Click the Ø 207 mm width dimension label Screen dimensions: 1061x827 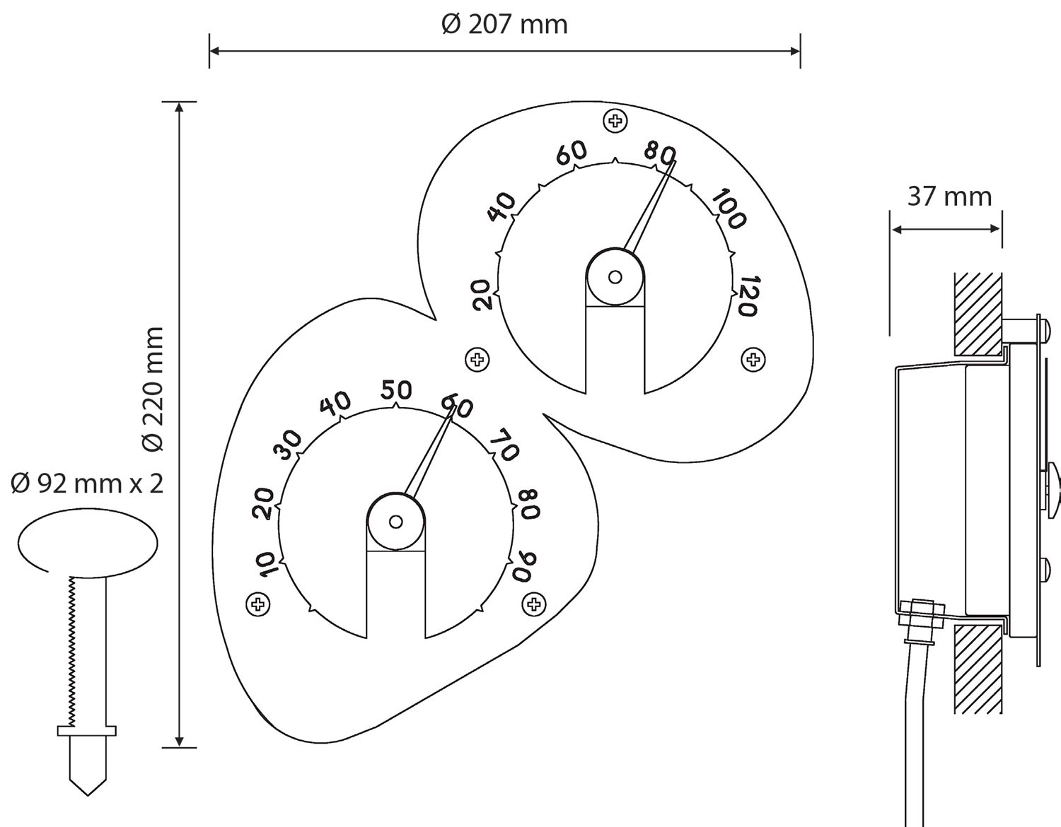(504, 25)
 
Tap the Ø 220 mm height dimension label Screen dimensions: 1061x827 (152, 389)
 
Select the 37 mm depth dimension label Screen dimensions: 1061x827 (950, 197)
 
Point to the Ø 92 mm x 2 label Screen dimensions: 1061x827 (87, 483)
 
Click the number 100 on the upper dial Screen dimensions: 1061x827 (729, 209)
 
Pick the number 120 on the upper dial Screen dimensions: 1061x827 (749, 295)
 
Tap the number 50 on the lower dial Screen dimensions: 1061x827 (397, 390)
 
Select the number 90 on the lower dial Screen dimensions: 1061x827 (525, 567)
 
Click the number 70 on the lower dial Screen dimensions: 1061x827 (504, 445)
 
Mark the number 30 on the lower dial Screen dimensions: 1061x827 (289, 445)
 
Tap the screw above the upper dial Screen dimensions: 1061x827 (615, 120)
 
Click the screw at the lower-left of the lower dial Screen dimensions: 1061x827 (257, 604)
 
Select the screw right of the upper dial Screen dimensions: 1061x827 (753, 360)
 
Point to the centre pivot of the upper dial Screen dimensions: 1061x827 (615, 277)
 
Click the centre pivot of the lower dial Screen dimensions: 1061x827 (396, 522)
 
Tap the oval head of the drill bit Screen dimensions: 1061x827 (88, 543)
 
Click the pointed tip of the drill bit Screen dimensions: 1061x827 (88, 795)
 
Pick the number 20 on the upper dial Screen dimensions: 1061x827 (483, 295)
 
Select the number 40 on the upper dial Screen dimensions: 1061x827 (501, 206)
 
